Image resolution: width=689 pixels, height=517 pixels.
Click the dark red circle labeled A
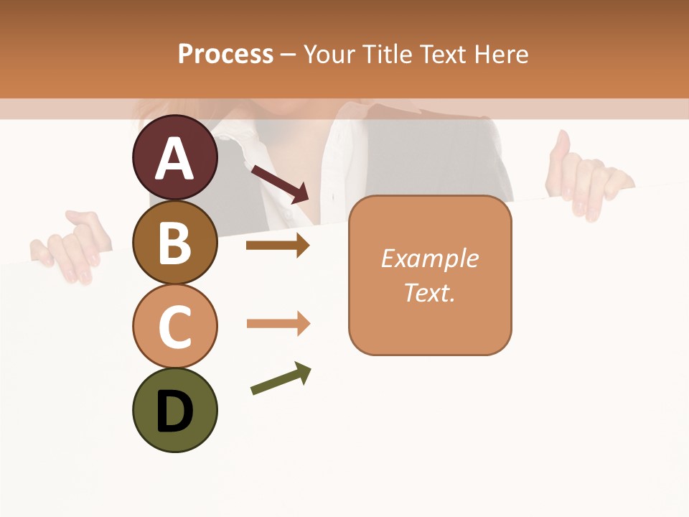click(174, 157)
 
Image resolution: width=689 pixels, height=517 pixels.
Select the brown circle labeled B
click(174, 242)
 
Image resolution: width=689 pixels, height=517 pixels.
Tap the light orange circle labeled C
click(174, 325)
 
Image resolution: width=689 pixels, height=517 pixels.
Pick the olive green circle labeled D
click(174, 410)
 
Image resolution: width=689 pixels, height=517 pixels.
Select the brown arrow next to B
click(277, 246)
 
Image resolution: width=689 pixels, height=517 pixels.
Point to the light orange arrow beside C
click(278, 324)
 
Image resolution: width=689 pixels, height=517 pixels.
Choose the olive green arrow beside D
click(281, 378)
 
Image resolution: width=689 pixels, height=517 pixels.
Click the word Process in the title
click(225, 54)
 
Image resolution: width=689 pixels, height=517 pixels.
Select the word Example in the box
click(429, 258)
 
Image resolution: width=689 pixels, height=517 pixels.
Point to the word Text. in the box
click(429, 292)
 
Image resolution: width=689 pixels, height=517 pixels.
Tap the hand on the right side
click(585, 180)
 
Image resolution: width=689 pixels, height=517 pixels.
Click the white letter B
click(174, 242)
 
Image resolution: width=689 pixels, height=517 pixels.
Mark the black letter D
click(174, 411)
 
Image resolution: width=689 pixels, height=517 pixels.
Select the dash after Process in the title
click(289, 55)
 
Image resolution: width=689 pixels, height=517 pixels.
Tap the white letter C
click(174, 326)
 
